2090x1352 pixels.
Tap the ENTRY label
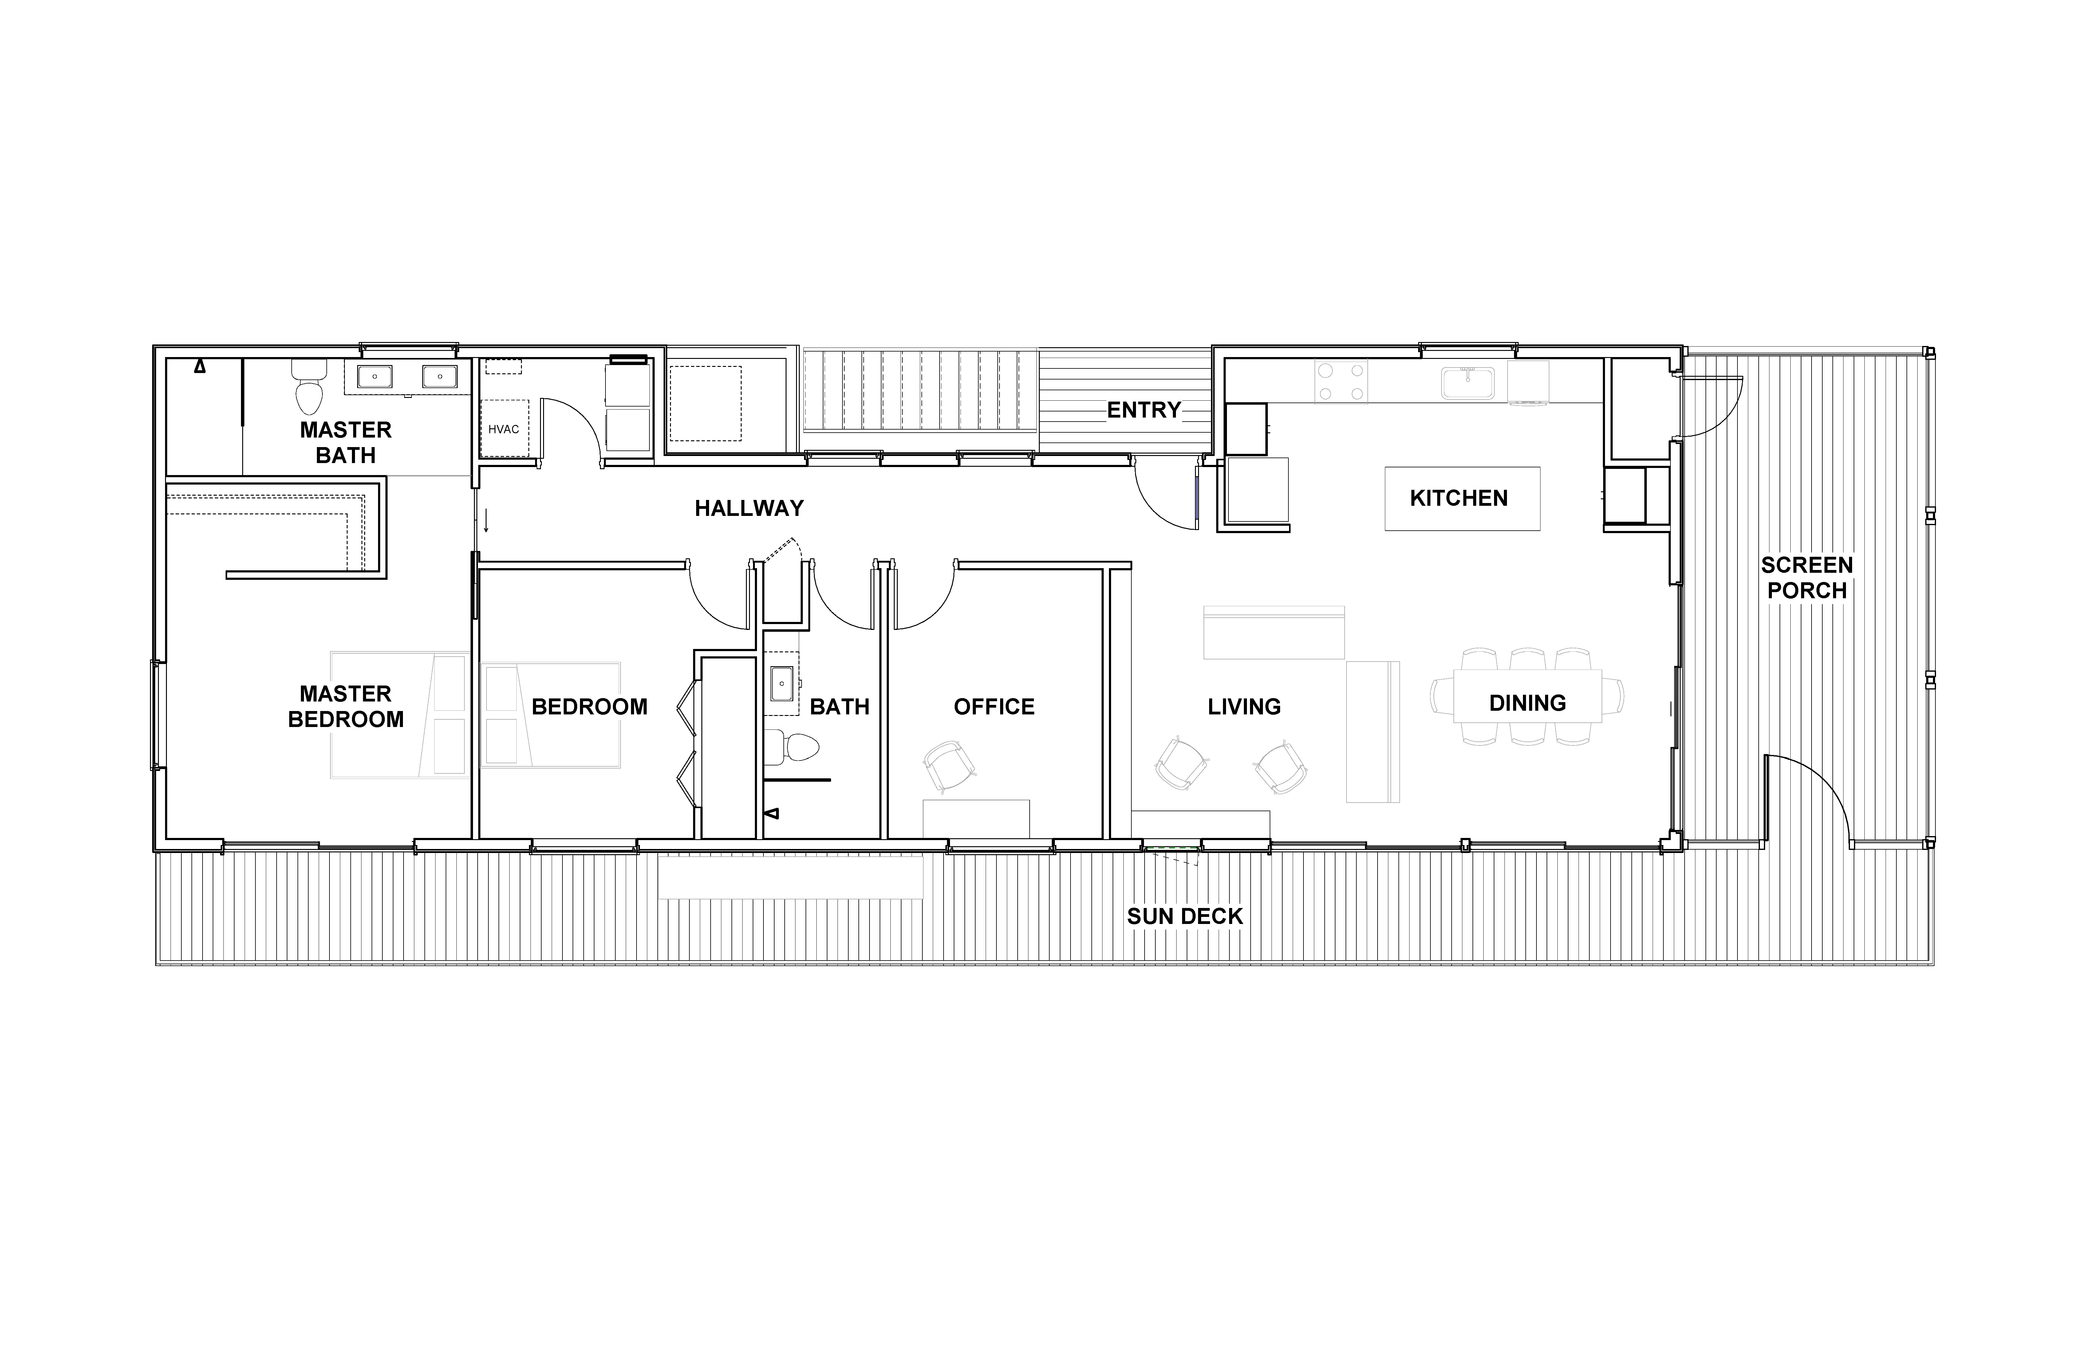1143,410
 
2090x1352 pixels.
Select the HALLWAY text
749,508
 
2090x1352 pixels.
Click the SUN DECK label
1185,917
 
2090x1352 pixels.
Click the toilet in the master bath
308,386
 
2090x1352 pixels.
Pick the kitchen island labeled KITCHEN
1462,499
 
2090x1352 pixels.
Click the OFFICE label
994,707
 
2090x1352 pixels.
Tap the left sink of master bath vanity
375,377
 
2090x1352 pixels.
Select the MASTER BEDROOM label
346,707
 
